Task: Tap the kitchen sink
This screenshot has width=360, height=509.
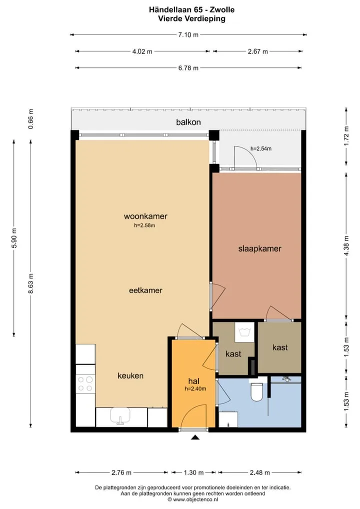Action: (120, 416)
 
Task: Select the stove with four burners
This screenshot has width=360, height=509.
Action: (85, 383)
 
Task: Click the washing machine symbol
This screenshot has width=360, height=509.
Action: (244, 332)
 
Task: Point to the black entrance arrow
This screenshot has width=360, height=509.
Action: (195, 437)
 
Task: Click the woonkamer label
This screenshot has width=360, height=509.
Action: (145, 216)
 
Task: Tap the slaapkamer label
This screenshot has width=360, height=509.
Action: (259, 249)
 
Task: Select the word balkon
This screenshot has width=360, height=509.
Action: (188, 122)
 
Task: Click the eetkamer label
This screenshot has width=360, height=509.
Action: (145, 290)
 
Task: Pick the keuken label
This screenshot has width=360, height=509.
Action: (130, 375)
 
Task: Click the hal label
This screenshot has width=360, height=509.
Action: (194, 381)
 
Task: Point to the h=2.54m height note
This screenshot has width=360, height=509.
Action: (261, 148)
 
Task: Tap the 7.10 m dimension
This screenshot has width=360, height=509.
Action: (188, 34)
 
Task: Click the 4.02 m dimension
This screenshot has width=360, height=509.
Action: (142, 51)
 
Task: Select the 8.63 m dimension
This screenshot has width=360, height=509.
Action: (31, 283)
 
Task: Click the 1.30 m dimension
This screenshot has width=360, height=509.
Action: (194, 472)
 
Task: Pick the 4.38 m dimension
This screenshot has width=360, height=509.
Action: (346, 245)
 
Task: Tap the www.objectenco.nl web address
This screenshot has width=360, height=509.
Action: (193, 499)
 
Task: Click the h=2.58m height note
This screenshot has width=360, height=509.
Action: (144, 225)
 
